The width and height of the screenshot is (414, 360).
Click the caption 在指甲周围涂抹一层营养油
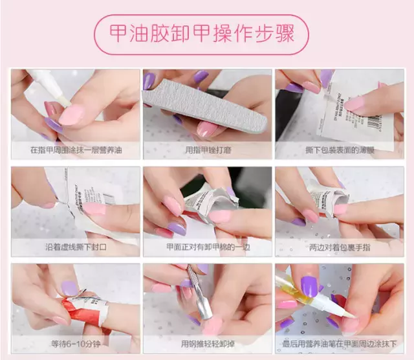(x=76, y=150)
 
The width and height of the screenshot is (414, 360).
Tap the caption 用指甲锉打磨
(x=208, y=150)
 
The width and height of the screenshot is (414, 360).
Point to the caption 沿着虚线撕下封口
(x=76, y=247)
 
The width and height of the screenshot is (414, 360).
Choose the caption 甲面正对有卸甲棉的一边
(x=208, y=247)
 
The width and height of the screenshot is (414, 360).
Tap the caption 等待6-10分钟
(x=76, y=344)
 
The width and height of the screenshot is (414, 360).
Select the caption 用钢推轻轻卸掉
(x=208, y=344)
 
